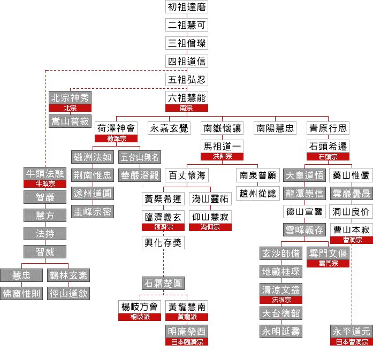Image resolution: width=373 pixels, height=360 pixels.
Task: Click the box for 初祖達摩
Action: point(186,7)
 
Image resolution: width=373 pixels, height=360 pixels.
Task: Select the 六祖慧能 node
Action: point(186,97)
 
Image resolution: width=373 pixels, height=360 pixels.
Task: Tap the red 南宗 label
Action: point(186,108)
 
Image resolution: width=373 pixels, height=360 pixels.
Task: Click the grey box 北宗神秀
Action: point(70,97)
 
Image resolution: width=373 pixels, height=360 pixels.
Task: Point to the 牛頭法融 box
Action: point(45,173)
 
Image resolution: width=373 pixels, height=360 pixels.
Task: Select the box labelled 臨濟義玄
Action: point(163,217)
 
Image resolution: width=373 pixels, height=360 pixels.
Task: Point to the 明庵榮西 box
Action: point(186,331)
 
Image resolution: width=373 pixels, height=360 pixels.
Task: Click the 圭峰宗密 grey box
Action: point(93,212)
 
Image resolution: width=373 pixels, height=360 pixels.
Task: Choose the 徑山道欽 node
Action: point(68,294)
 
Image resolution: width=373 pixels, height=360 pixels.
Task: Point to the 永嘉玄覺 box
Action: point(169,128)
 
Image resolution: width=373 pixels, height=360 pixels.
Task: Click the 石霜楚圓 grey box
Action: point(163,282)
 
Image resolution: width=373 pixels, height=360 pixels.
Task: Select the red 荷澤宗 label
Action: point(117,139)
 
